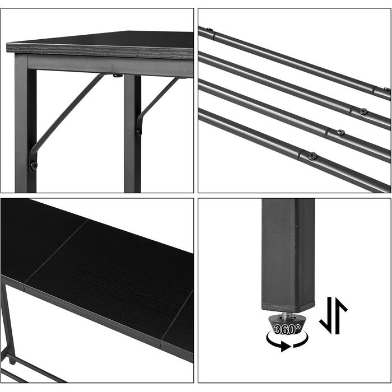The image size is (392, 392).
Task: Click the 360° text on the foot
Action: [x=287, y=329]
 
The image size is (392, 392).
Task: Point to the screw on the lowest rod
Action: [x=312, y=156]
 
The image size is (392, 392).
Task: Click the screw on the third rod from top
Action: [x=340, y=132]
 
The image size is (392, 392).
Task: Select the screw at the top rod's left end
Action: [x=209, y=29]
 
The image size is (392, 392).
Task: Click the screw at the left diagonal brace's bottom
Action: [x=34, y=165]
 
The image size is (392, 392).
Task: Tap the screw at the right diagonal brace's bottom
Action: [x=139, y=130]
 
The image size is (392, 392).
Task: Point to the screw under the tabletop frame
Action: [x=118, y=76]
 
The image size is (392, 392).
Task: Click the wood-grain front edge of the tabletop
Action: [x=100, y=50]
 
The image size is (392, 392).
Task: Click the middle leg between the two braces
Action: [x=133, y=134]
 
